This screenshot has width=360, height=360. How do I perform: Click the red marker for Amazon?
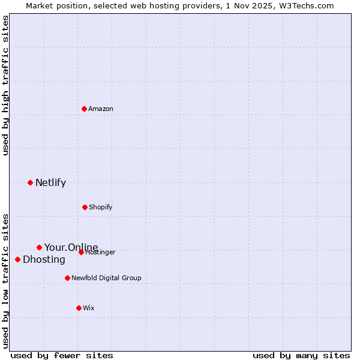[x=84, y=109]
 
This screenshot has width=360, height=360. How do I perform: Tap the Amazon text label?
[x=101, y=109]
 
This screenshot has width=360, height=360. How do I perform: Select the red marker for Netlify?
[x=30, y=182]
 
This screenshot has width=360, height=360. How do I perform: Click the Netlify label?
[x=50, y=183]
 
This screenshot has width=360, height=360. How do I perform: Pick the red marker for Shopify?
[x=85, y=207]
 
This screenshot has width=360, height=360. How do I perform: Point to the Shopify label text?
[x=101, y=208]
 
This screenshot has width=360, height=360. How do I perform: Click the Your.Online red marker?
[x=39, y=247]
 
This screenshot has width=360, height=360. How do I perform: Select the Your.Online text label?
[x=71, y=247]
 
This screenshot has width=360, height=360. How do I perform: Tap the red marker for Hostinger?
[x=81, y=252]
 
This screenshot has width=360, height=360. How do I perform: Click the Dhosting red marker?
[x=17, y=259]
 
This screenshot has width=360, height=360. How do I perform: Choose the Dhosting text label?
[x=44, y=260]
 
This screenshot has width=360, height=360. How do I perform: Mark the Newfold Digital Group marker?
[x=67, y=278]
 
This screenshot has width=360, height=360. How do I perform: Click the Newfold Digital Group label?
[x=106, y=278]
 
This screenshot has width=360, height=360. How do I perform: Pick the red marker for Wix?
[x=79, y=308]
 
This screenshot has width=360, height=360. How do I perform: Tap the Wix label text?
[x=89, y=308]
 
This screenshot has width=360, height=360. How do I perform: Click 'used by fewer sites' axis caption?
[x=62, y=355]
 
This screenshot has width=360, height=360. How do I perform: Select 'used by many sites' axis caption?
[x=301, y=355]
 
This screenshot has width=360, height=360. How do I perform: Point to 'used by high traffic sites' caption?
[x=5, y=85]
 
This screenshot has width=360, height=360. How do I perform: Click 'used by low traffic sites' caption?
[x=5, y=281]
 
